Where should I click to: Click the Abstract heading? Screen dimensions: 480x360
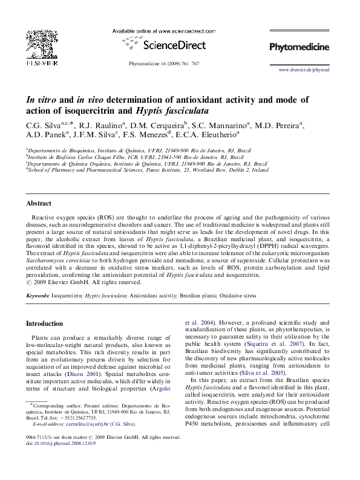38,204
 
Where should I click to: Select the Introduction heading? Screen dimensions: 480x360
44,323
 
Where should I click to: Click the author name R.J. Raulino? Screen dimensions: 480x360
96,126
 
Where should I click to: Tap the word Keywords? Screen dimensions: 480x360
37,296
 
